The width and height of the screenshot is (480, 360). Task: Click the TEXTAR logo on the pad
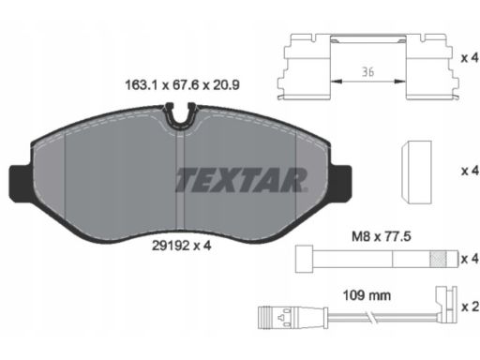(x=241, y=180)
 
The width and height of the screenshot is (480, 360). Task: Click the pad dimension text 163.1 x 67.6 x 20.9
(x=182, y=85)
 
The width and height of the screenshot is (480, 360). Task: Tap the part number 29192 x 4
(x=182, y=246)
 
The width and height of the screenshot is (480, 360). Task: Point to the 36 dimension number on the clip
(x=368, y=72)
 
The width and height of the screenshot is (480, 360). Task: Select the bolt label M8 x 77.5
(x=382, y=236)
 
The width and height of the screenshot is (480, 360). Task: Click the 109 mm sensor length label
(x=367, y=295)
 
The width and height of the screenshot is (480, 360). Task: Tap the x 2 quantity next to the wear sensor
(x=471, y=307)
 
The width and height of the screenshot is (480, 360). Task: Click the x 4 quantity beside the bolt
(x=471, y=259)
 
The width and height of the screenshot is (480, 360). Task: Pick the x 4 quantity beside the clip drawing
(x=471, y=58)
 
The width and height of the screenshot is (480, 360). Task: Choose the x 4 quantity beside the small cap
(x=471, y=171)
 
